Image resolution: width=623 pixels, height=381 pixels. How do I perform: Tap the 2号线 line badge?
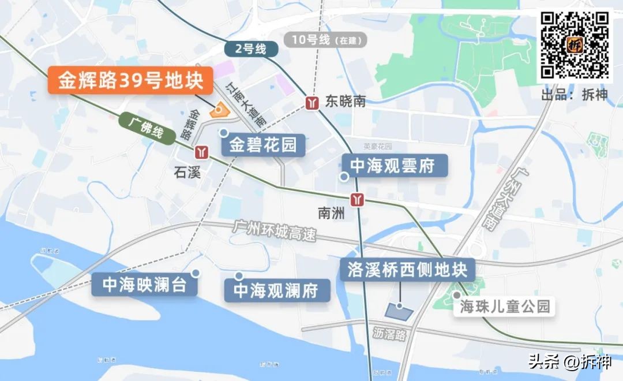click(250, 50)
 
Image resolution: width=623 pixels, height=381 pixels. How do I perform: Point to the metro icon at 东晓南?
click(313, 103)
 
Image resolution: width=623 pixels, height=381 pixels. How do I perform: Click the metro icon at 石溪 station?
click(201, 152)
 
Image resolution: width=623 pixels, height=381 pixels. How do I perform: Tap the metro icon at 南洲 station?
click(360, 199)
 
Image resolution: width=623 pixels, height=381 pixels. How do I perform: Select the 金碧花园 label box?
click(262, 144)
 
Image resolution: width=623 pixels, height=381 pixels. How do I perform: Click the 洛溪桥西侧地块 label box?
click(407, 270)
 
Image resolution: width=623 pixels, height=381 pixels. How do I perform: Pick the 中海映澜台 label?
click(144, 285)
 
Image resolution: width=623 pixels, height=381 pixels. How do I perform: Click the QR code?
click(575, 44)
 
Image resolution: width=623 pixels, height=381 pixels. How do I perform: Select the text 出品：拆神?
click(574, 95)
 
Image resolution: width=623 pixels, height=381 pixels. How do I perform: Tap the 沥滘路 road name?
click(389, 334)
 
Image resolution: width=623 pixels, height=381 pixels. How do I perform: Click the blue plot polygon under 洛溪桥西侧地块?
click(399, 311)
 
